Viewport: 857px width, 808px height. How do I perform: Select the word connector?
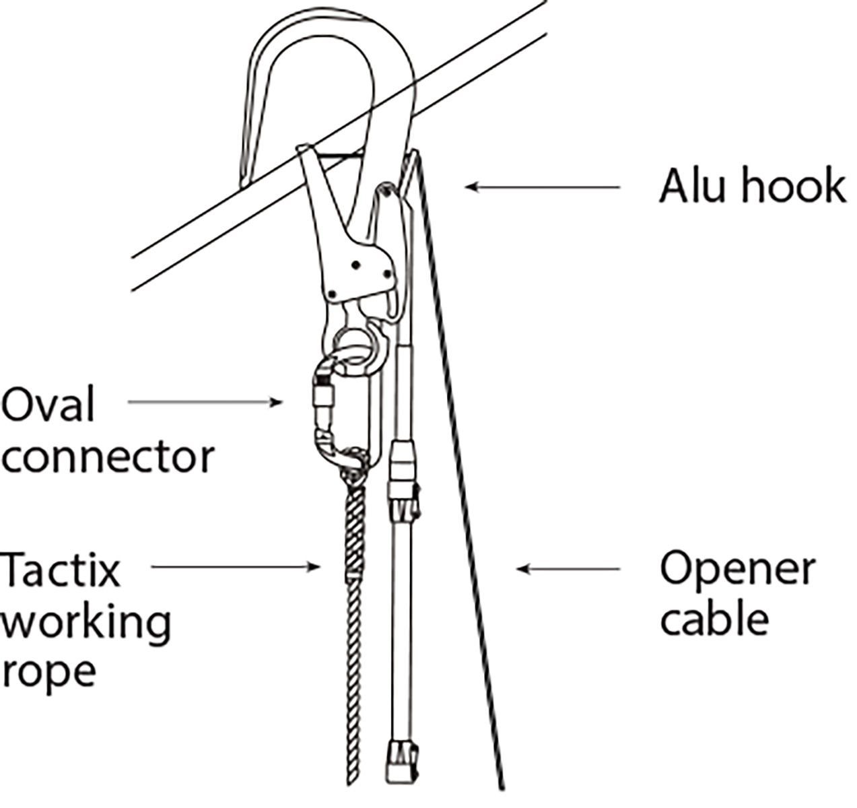pos(108,457)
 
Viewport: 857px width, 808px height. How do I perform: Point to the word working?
pos(85,623)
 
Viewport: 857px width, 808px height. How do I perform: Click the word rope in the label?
pos(48,671)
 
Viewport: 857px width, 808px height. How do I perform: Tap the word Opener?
pos(737,570)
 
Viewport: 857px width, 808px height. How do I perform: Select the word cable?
pos(714,619)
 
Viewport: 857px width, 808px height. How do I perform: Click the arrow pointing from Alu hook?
pos(542,187)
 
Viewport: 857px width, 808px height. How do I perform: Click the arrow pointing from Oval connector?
pos(205,403)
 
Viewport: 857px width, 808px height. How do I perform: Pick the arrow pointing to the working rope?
pos(236,567)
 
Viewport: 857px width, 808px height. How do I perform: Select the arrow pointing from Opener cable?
pos(569,570)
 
